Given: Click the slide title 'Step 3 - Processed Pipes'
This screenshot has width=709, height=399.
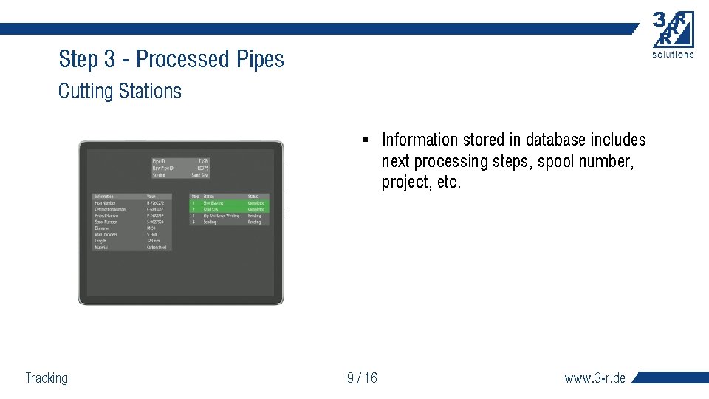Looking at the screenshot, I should pyautogui.click(x=171, y=59).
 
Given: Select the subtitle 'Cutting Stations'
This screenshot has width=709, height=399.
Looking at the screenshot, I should pyautogui.click(x=120, y=92).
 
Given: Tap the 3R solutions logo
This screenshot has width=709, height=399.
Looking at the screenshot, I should pyautogui.click(x=673, y=34).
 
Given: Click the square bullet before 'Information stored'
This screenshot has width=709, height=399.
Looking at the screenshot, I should pyautogui.click(x=365, y=140).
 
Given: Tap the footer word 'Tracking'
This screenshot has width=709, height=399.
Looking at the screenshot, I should pyautogui.click(x=47, y=378).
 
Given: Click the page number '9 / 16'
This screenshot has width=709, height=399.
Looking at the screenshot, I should pyautogui.click(x=362, y=378).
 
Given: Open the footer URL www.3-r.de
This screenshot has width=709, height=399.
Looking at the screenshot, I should pyautogui.click(x=595, y=378).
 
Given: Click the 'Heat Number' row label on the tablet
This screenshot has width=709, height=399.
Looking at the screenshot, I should pyautogui.click(x=106, y=202).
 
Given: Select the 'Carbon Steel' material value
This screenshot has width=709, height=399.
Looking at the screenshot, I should pyautogui.click(x=156, y=248).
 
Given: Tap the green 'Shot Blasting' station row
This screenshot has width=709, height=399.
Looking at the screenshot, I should pyautogui.click(x=213, y=202).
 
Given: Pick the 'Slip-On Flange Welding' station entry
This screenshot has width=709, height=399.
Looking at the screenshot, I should pyautogui.click(x=220, y=216).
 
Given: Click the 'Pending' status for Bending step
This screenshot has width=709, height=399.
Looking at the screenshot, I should pyautogui.click(x=254, y=222).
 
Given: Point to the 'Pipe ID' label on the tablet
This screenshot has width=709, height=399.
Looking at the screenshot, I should pyautogui.click(x=159, y=160).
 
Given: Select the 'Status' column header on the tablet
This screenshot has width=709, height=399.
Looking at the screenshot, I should pyautogui.click(x=253, y=197).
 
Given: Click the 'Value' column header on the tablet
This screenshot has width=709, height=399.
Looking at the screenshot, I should pyautogui.click(x=151, y=197).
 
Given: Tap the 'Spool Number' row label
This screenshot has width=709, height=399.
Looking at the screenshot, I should pyautogui.click(x=106, y=222).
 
